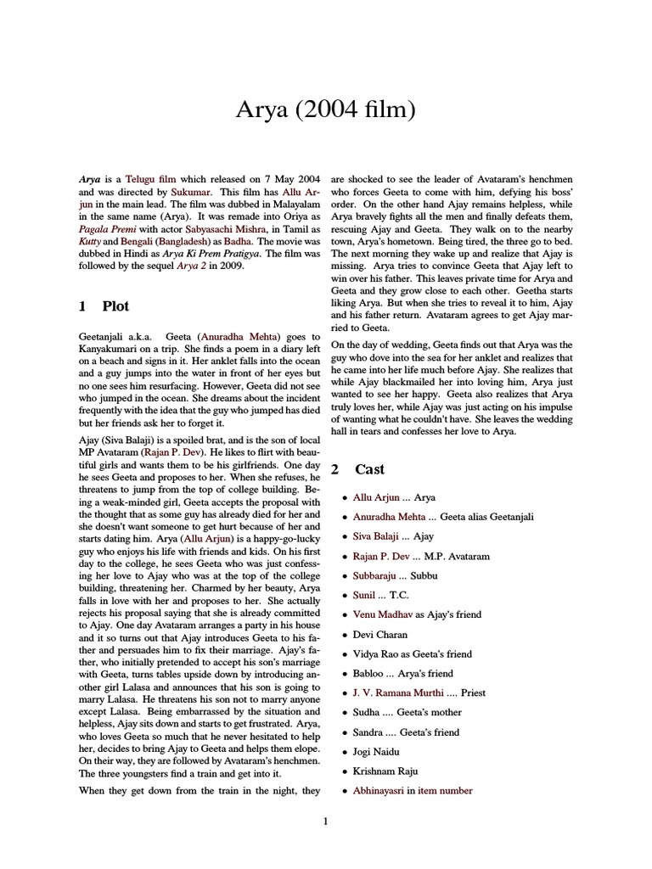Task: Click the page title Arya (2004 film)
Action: coord(325,110)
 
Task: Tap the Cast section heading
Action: coord(369,469)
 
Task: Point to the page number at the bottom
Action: coord(325,821)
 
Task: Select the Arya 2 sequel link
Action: coord(192,265)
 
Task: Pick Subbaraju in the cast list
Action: coord(381,575)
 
